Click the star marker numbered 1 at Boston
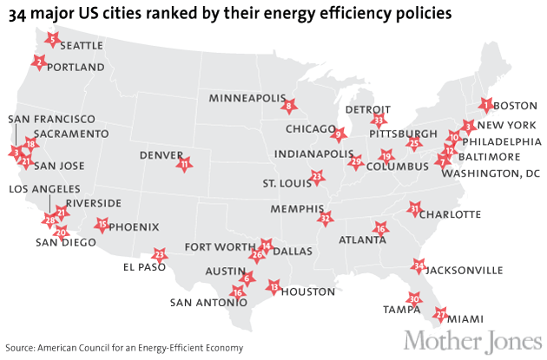coord(486,106)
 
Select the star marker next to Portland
coord(38,62)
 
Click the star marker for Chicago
coord(339,134)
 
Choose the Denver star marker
coord(184,163)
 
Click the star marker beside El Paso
coord(159,255)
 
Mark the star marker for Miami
coord(441,314)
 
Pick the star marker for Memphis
coord(326,218)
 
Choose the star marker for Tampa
coord(414,298)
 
